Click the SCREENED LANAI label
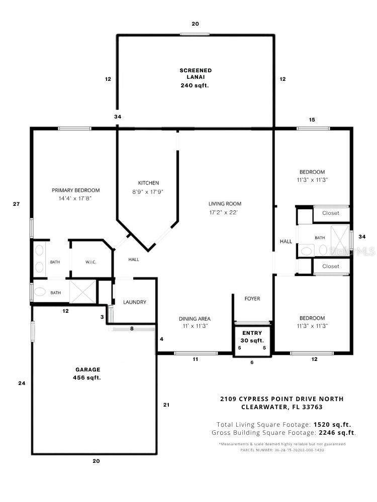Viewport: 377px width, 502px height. (196, 74)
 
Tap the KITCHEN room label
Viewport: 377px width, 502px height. (148, 183)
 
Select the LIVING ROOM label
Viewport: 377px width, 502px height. (225, 204)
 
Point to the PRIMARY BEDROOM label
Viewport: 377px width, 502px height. (76, 190)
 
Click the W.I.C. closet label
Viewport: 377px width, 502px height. (90, 262)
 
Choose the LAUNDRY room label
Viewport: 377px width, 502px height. (135, 302)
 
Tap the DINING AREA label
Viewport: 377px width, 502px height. (195, 319)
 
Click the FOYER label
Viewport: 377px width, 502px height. (252, 298)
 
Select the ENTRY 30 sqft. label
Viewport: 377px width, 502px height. (252, 336)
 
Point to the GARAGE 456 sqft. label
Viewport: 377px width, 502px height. (87, 373)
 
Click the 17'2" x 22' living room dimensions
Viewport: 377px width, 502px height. (224, 212)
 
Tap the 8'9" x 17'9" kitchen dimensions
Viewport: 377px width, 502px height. (148, 192)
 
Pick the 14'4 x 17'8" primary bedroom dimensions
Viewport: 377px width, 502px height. (75, 198)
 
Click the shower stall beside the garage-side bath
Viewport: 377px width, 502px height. (83, 291)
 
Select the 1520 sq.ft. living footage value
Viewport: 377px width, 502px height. (332, 425)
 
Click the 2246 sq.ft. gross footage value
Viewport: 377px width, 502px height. (337, 433)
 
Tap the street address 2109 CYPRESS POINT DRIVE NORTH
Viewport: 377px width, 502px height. (282, 399)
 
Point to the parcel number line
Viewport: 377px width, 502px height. (282, 450)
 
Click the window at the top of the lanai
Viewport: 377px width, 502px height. (195, 34)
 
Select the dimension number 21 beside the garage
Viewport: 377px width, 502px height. (166, 405)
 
